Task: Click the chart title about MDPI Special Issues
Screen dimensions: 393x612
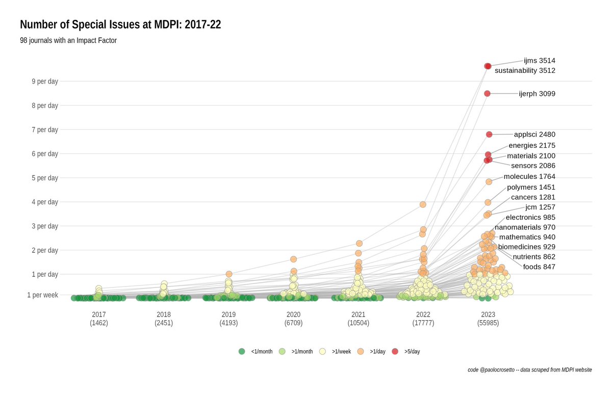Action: pos(120,24)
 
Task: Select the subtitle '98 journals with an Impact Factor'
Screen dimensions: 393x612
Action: pos(68,40)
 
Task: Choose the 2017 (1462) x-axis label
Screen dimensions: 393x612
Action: pos(99,319)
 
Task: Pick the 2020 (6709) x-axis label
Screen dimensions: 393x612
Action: pos(293,319)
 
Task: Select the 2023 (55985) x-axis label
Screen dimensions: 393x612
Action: pos(488,319)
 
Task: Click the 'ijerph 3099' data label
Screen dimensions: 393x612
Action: pos(537,94)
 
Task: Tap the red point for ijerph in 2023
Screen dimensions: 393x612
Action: pos(487,93)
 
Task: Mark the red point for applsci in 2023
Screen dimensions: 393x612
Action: pos(489,135)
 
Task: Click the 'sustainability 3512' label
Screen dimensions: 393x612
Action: pos(525,71)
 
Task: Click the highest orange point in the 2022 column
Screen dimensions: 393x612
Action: pos(423,204)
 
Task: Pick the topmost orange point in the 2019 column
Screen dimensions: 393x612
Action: pos(229,274)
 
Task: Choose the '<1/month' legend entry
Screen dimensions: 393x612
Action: pos(256,351)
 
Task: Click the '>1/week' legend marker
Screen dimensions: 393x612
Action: pos(322,351)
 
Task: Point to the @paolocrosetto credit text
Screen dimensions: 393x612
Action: pos(529,370)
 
